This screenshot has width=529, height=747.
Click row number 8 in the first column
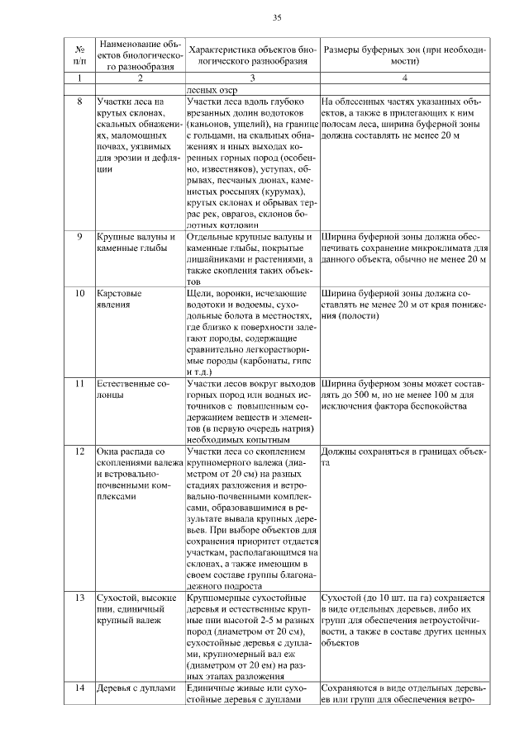coord(79,102)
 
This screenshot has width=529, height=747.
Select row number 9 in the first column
coord(79,238)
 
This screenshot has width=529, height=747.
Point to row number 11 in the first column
coord(80,384)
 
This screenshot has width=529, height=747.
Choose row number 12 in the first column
coord(80,452)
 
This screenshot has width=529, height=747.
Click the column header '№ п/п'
coord(79,54)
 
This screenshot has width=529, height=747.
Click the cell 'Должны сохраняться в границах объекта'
coord(404,457)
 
